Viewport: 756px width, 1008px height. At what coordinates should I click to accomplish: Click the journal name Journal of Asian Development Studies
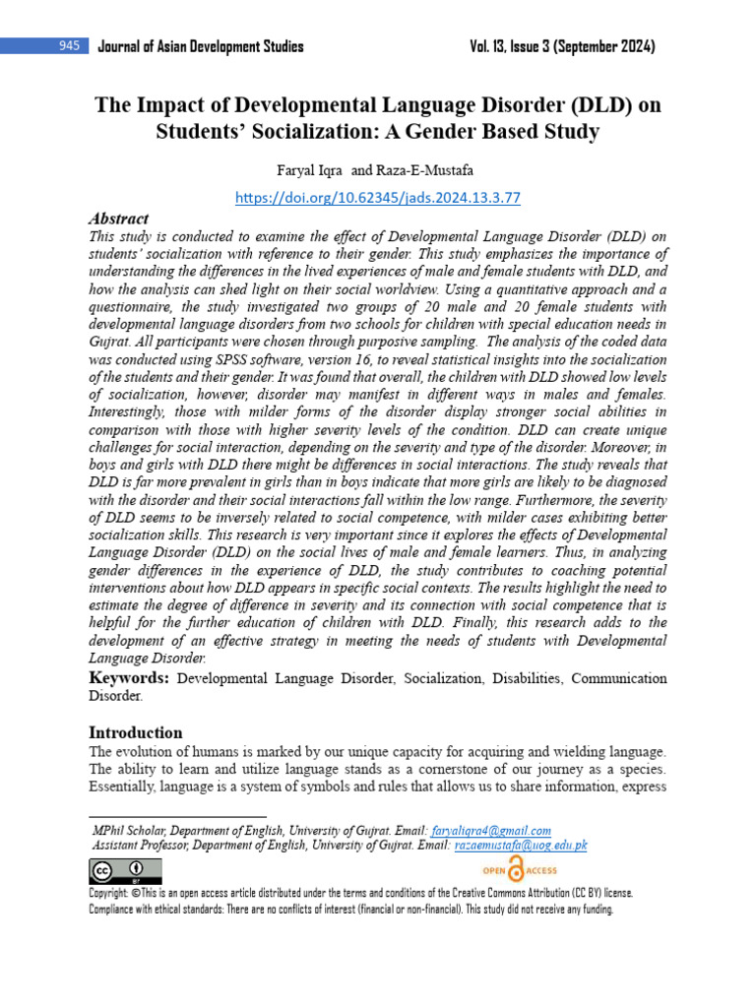point(201,46)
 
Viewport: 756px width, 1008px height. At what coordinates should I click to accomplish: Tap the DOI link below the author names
point(378,198)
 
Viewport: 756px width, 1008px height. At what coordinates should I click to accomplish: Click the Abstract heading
point(118,219)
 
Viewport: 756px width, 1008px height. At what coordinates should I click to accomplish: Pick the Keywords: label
point(129,679)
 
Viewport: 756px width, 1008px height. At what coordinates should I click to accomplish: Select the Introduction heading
point(136,732)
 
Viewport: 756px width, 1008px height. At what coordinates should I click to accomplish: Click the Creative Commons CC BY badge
point(125,870)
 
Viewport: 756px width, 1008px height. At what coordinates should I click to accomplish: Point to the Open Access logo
point(518,869)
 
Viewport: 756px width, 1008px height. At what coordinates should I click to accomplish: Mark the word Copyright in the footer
point(108,894)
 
